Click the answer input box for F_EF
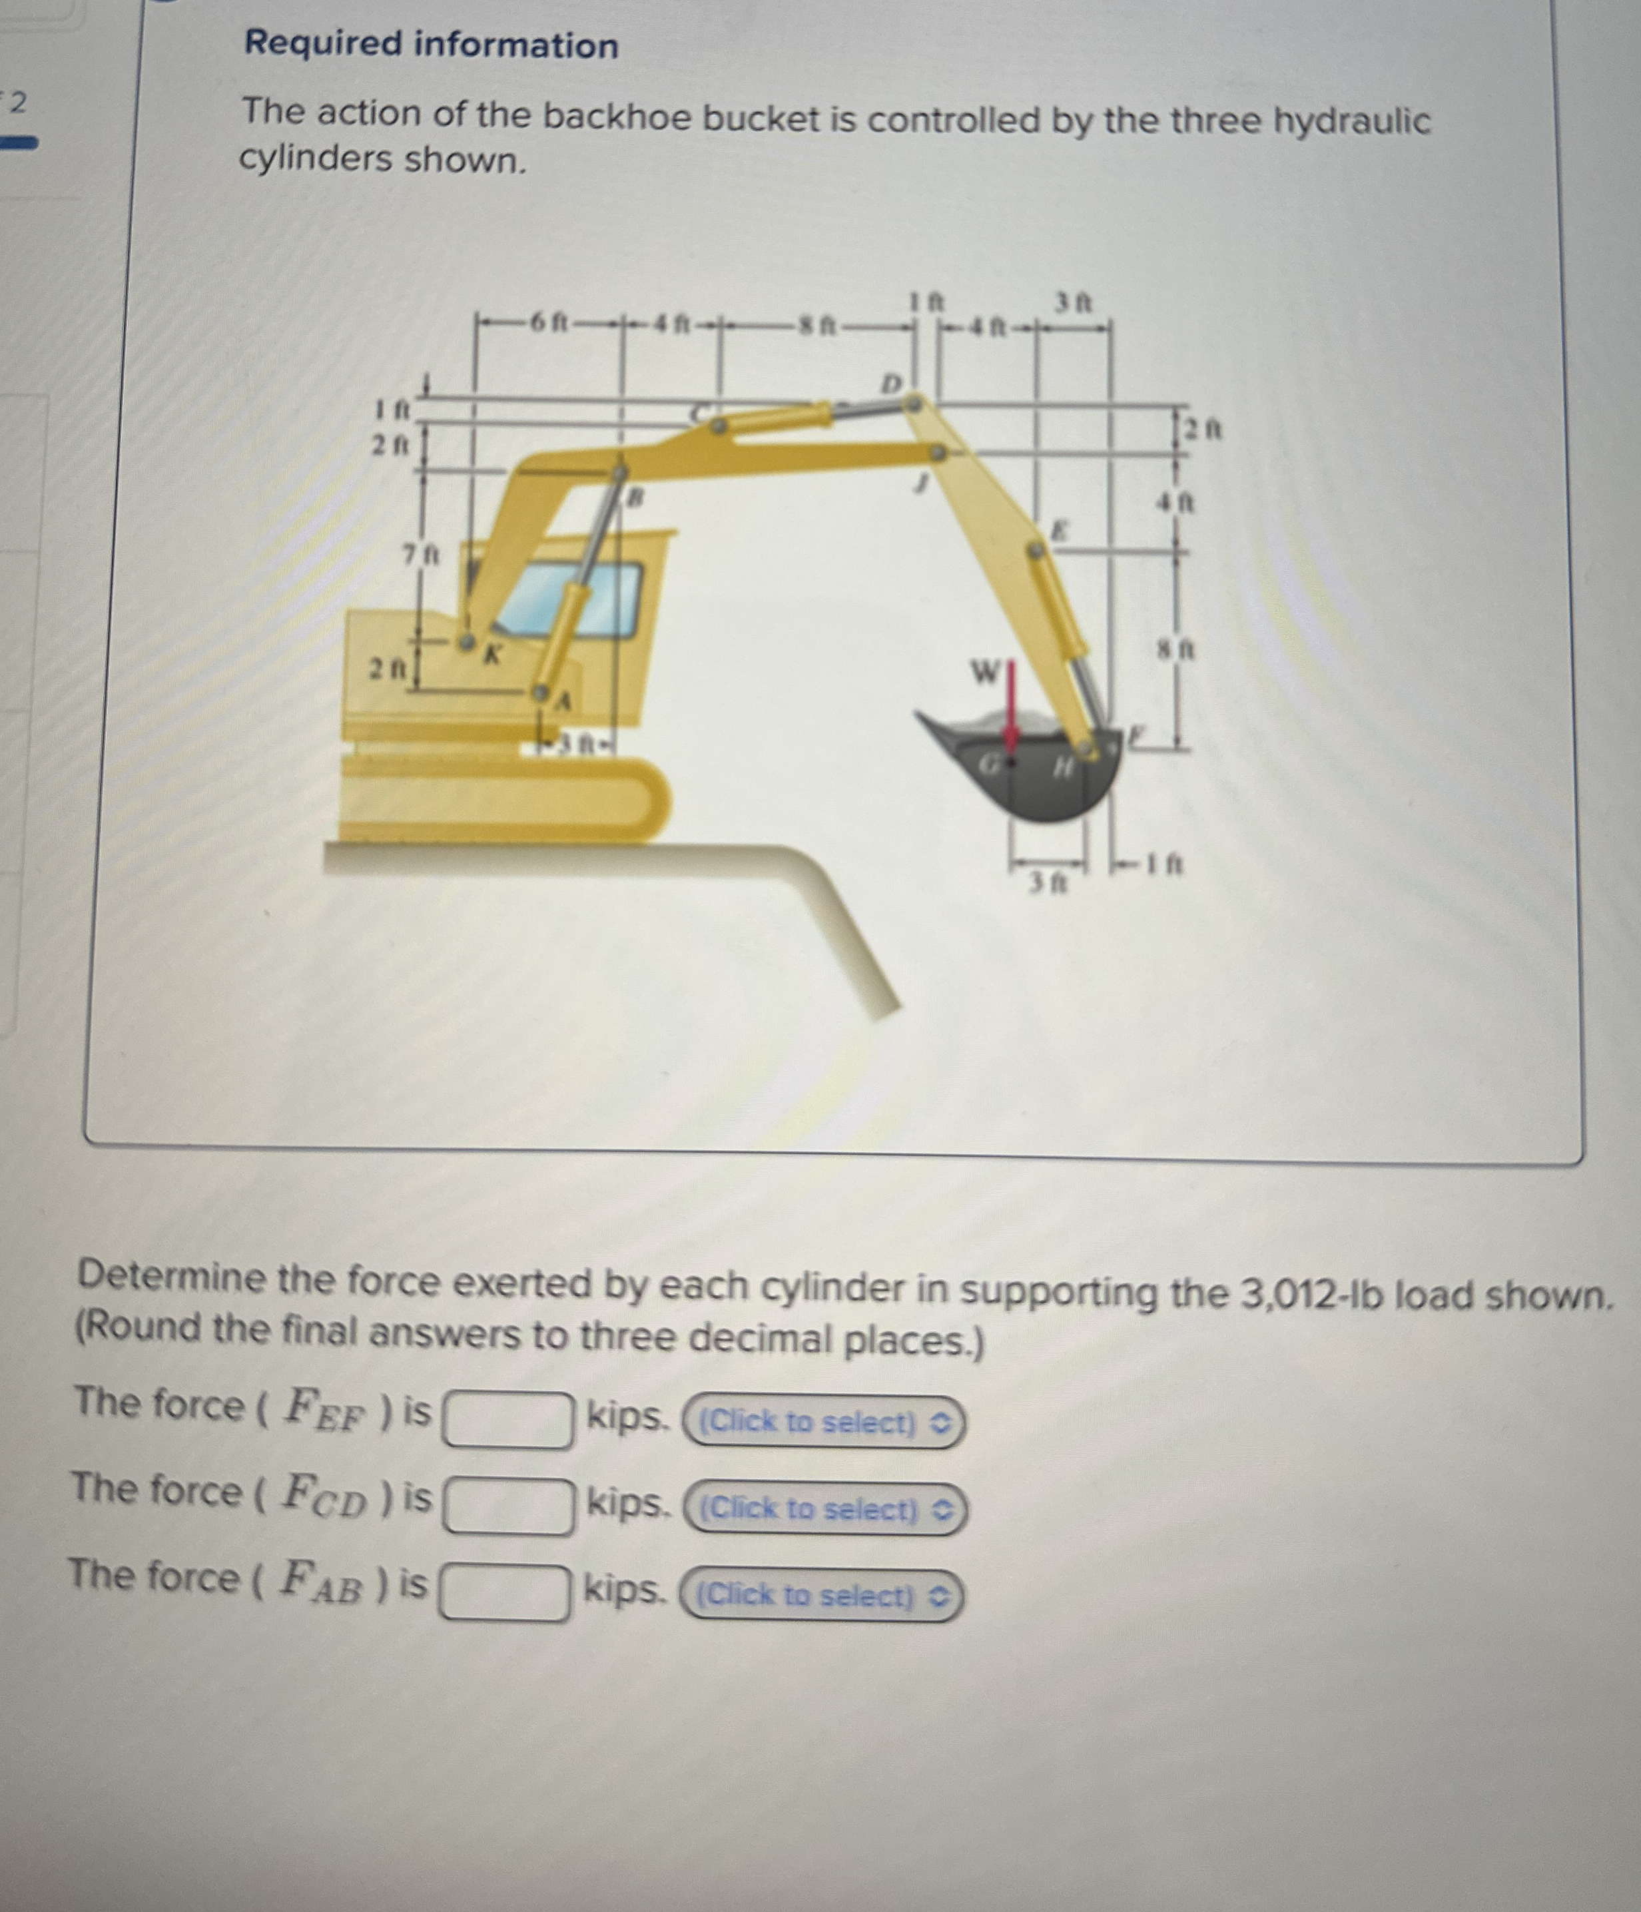[x=507, y=1420]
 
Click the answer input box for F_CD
[x=507, y=1506]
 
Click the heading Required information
[x=431, y=45]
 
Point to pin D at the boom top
[x=912, y=402]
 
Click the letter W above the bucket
[x=984, y=672]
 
